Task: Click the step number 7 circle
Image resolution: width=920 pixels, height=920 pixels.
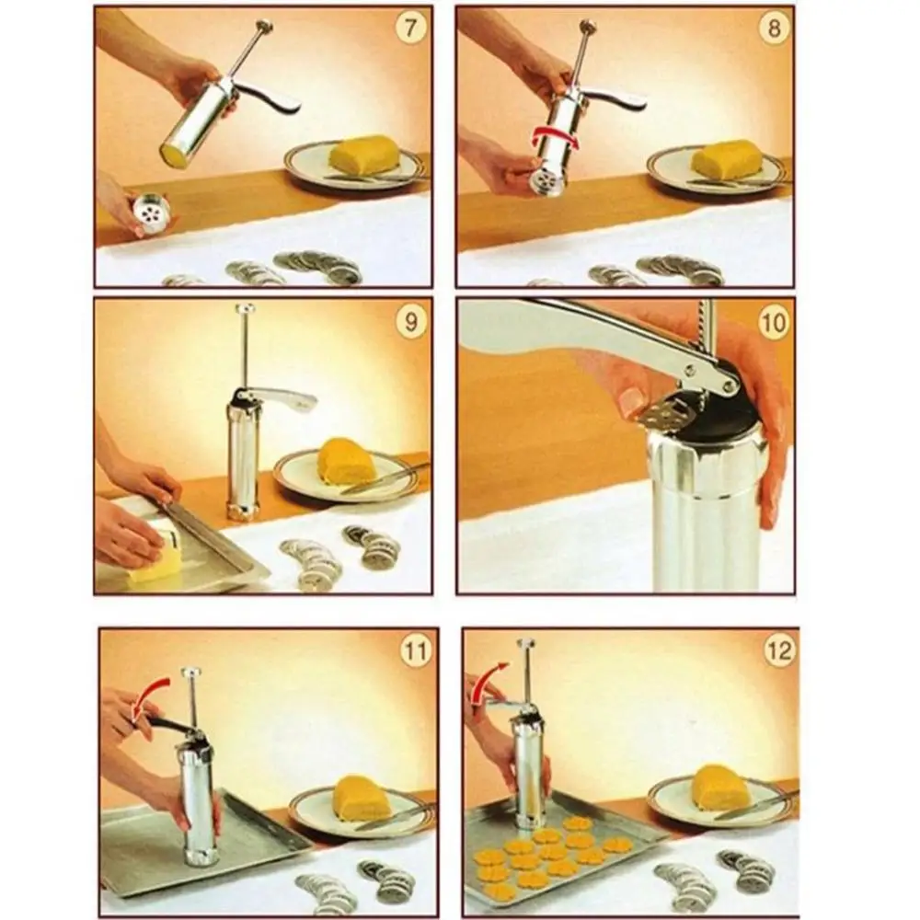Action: (409, 28)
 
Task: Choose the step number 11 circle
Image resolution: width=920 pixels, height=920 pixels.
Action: (415, 652)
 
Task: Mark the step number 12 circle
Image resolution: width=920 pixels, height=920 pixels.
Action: (777, 652)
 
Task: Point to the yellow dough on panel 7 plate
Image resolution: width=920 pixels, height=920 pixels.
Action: (364, 155)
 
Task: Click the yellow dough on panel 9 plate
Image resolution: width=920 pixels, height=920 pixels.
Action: (343, 460)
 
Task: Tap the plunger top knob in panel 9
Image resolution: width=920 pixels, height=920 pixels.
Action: (245, 310)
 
